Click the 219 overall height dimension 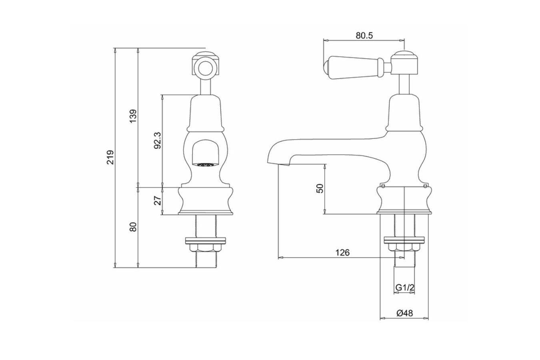tap(111, 157)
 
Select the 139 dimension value tap(134, 116)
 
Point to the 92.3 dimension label tap(158, 140)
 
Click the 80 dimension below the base tap(134, 227)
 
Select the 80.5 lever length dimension tap(364, 35)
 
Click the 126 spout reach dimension tap(342, 252)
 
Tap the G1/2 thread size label tap(404, 288)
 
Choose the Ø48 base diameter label tap(404, 314)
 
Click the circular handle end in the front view tap(206, 67)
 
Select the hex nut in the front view tap(206, 248)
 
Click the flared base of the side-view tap tap(404, 200)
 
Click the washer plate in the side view tap(404, 240)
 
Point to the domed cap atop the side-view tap tap(404, 54)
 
